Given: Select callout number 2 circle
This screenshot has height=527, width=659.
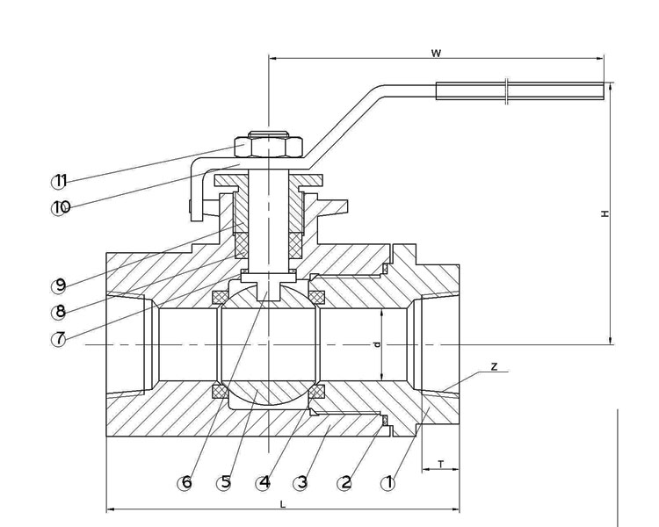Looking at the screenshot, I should pyautogui.click(x=345, y=482).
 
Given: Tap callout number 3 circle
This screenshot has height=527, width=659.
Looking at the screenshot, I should pyautogui.click(x=301, y=482).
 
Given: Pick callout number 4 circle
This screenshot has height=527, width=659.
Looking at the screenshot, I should pyautogui.click(x=264, y=482).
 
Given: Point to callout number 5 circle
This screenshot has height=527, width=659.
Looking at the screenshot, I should pyautogui.click(x=225, y=482).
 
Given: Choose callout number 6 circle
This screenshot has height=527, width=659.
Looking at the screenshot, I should pyautogui.click(x=185, y=482).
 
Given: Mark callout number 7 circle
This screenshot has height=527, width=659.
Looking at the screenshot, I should pyautogui.click(x=59, y=339).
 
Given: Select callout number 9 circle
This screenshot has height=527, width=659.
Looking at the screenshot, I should pyautogui.click(x=59, y=285).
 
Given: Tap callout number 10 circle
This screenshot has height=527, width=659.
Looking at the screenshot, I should pyautogui.click(x=61, y=208).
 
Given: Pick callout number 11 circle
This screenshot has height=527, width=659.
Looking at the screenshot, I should pyautogui.click(x=59, y=181).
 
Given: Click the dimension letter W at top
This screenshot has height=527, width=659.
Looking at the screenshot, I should pyautogui.click(x=436, y=54).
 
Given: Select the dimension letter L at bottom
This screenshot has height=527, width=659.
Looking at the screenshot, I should pyautogui.click(x=282, y=503).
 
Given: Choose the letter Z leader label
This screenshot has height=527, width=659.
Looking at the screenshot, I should pyautogui.click(x=495, y=366).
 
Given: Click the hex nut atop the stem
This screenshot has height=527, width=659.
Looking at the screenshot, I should pyautogui.click(x=268, y=144).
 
